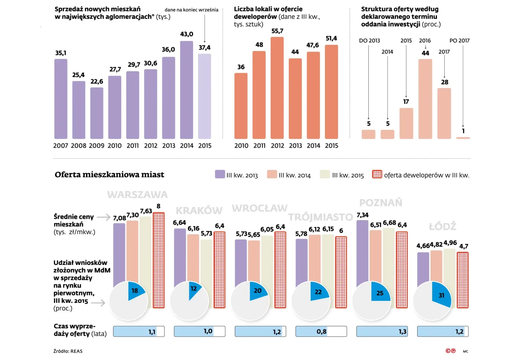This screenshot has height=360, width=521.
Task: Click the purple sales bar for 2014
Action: tap(186, 90)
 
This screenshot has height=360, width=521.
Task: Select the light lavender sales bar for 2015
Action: tap(204, 96)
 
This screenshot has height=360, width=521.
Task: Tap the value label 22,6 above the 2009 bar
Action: tap(97, 82)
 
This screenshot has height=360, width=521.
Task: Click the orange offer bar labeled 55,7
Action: tap(277, 88)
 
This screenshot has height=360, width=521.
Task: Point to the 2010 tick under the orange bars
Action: tap(241, 146)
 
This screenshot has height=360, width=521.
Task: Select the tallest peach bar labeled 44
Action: tap(425, 99)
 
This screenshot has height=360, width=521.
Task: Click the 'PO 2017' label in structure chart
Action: tap(459, 41)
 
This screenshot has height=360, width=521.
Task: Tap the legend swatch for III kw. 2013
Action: tap(220, 174)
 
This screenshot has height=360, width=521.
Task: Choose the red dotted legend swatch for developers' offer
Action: tap(377, 174)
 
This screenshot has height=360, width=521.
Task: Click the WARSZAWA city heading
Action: tap(137, 195)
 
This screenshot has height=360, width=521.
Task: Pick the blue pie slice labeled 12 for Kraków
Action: tap(194, 289)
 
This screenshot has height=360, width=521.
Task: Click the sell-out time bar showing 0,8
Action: tap(321, 331)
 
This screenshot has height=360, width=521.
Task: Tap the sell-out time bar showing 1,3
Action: tap(382, 331)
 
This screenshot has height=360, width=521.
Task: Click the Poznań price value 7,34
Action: tap(362, 215)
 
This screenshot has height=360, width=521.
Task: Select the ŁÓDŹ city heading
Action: tap(442, 226)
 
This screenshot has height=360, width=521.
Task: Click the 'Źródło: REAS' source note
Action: tap(68, 351)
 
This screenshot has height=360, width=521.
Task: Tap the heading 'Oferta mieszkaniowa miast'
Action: tap(109, 175)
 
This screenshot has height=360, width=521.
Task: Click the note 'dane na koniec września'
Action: tap(191, 10)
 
